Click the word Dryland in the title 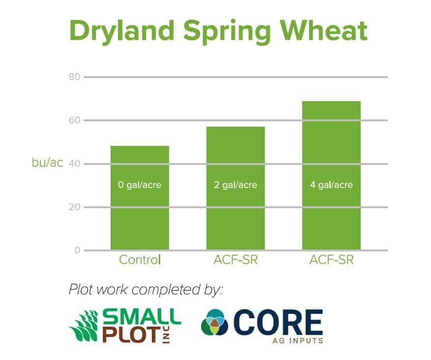tap(122, 31)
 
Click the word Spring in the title tap(227, 31)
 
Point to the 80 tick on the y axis tap(75, 77)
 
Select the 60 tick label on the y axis tap(75, 120)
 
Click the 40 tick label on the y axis tap(75, 164)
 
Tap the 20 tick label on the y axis tap(75, 207)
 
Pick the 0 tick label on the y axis tap(78, 250)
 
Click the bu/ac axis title tap(47, 163)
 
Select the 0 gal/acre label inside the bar tap(140, 185)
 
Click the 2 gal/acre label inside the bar tap(235, 185)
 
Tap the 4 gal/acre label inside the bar tap(332, 185)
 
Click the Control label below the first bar tap(140, 260)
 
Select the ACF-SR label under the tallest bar tap(332, 260)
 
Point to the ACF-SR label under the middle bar tap(235, 260)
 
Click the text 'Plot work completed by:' tap(145, 290)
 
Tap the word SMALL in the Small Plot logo tap(142, 317)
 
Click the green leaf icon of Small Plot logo tap(85, 326)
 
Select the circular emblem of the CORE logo tap(215, 322)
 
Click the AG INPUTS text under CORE tap(298, 341)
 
